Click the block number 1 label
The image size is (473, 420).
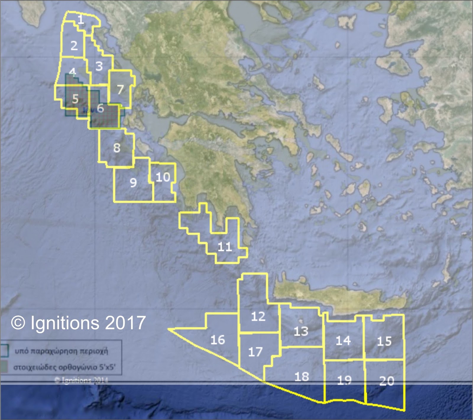(x=80, y=20)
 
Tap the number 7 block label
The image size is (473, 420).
(x=120, y=89)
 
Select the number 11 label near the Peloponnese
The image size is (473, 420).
(x=225, y=247)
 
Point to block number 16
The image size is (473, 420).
(x=218, y=340)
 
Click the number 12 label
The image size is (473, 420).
(x=258, y=317)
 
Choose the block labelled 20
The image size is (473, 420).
(x=387, y=381)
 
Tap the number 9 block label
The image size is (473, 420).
(x=133, y=183)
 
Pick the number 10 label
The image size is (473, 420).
(x=163, y=177)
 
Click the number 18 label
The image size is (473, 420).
(x=302, y=377)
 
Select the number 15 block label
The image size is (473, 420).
(x=384, y=341)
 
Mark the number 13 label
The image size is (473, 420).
(x=301, y=331)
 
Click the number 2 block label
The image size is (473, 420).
(x=74, y=45)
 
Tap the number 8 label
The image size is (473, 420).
(x=117, y=148)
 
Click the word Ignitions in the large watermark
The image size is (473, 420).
(x=64, y=323)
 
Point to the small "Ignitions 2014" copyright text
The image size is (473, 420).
(x=81, y=380)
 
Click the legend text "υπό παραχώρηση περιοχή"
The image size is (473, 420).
(x=61, y=351)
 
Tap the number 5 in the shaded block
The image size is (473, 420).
(x=75, y=99)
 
